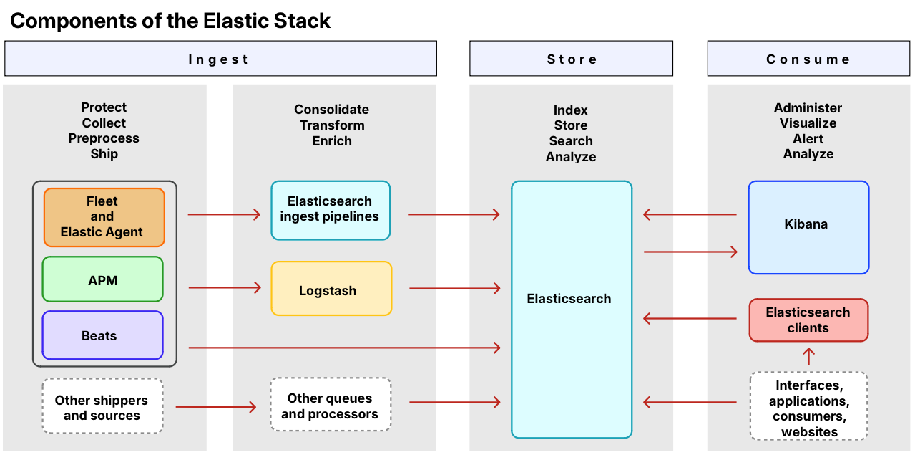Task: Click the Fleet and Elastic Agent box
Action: [104, 217]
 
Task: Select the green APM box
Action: [102, 279]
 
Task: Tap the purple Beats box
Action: [102, 335]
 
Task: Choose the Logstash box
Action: [331, 289]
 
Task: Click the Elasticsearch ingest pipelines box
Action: [331, 211]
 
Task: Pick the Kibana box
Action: [808, 228]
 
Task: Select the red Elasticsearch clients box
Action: [808, 320]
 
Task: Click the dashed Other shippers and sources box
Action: [102, 406]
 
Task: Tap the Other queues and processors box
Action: [331, 404]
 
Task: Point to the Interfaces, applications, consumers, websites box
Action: [808, 406]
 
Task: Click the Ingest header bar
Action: [220, 59]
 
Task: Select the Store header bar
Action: [571, 59]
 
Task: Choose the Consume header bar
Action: [808, 59]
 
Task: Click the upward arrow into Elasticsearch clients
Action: [808, 356]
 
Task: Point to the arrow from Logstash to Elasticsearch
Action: [455, 289]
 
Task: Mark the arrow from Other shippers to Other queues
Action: [216, 407]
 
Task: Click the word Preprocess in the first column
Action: [104, 138]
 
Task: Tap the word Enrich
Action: [332, 140]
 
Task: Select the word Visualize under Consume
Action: [808, 123]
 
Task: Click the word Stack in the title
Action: [302, 21]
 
